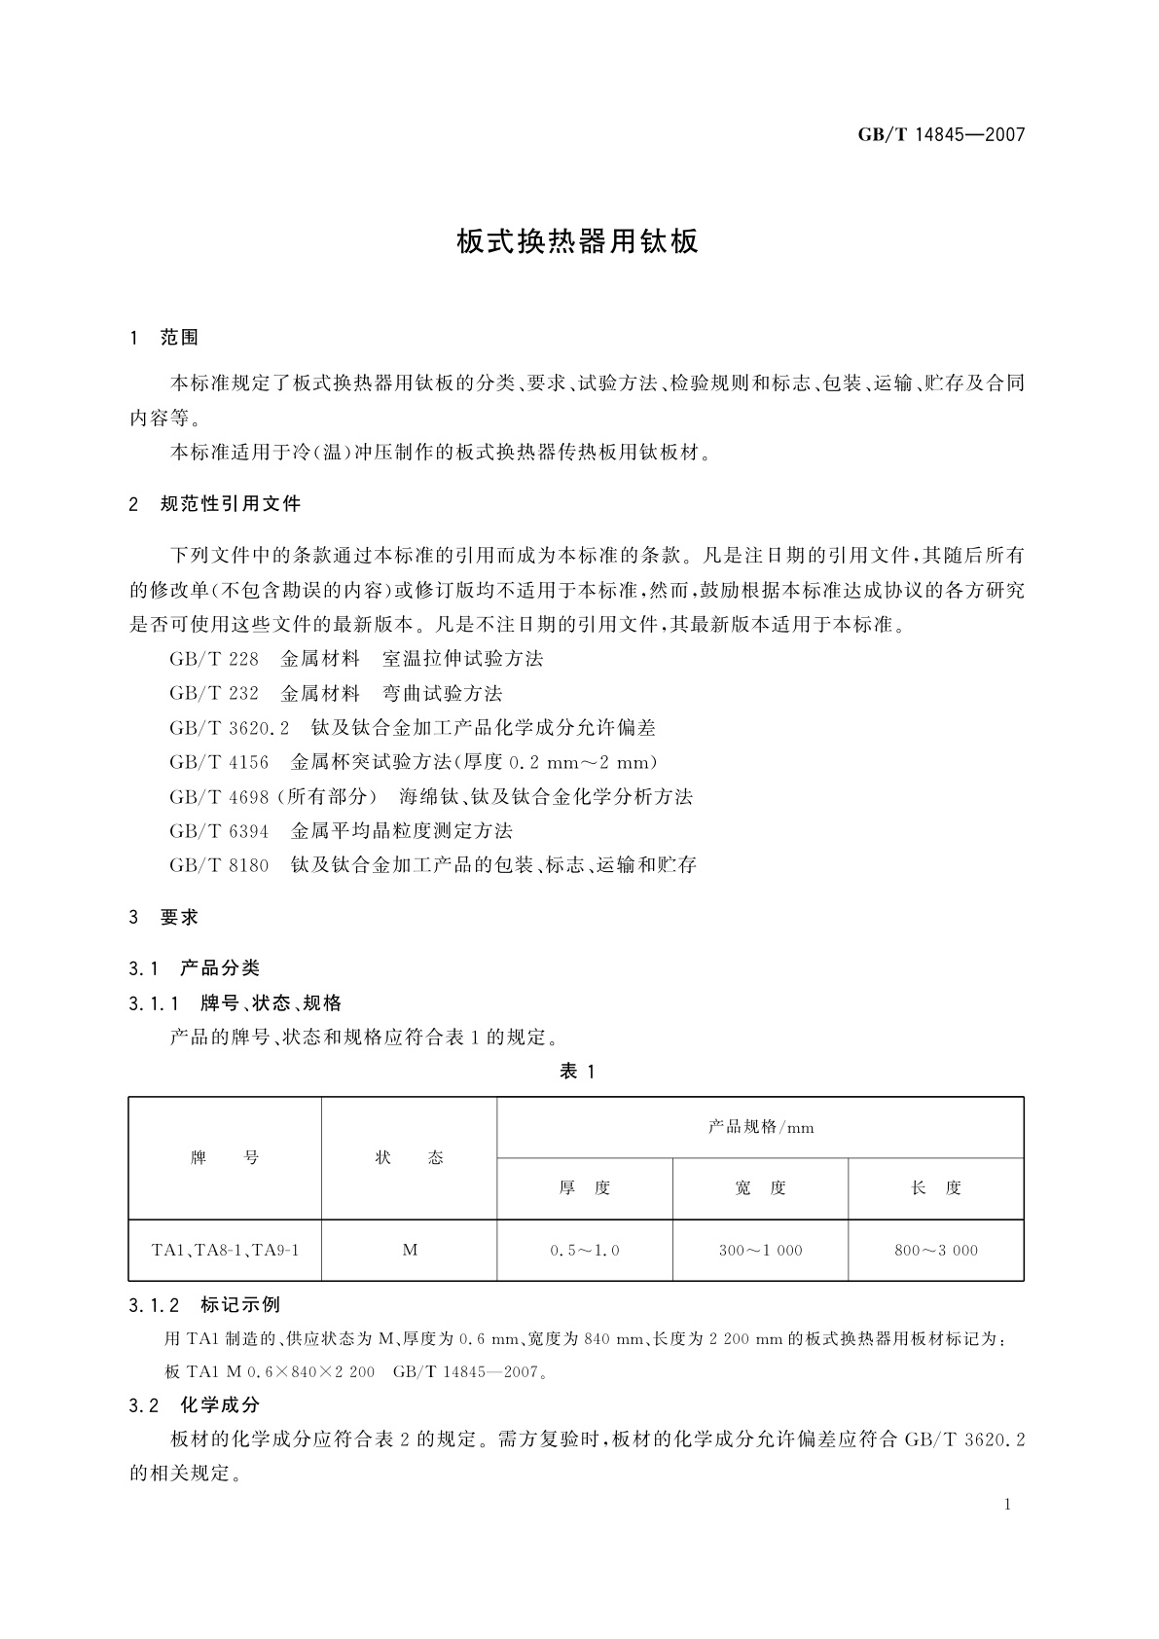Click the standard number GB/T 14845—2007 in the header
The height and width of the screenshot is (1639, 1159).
[941, 135]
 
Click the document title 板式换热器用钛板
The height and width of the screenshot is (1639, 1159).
[578, 242]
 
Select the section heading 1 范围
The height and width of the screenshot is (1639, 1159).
[163, 338]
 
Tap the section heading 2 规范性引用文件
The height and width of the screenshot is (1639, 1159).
[215, 504]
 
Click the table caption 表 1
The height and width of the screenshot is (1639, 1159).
[577, 1072]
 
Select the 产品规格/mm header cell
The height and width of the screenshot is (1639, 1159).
[760, 1128]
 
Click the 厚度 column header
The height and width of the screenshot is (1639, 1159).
[584, 1188]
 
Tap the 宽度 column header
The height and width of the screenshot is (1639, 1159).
[760, 1188]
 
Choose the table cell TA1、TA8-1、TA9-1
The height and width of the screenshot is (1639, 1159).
[225, 1250]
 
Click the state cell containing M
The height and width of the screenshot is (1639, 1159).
[410, 1250]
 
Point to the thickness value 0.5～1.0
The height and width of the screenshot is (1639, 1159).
[584, 1251]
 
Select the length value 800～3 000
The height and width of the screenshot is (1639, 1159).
[936, 1251]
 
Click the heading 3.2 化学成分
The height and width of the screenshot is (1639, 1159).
[195, 1405]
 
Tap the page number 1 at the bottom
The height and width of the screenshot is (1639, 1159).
[1007, 1505]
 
